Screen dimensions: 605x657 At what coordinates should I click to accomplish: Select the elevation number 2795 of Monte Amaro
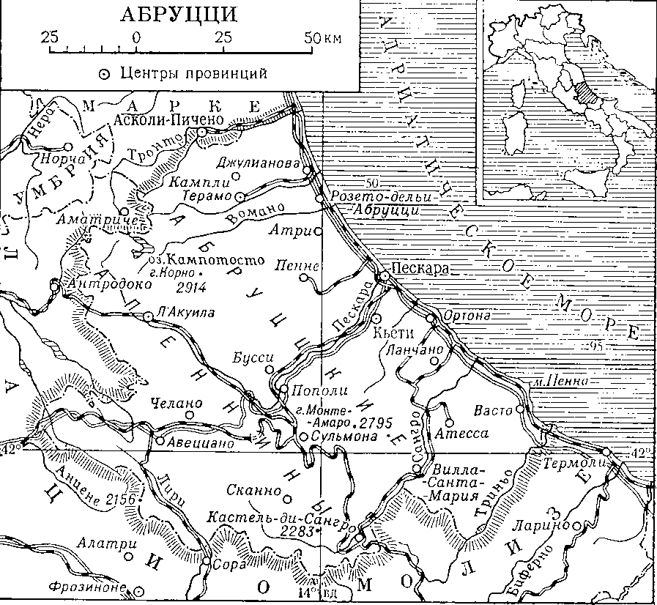click(379, 423)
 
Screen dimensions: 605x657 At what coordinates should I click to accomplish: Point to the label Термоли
click(571, 463)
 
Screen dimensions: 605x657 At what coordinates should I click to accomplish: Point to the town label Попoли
click(310, 390)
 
